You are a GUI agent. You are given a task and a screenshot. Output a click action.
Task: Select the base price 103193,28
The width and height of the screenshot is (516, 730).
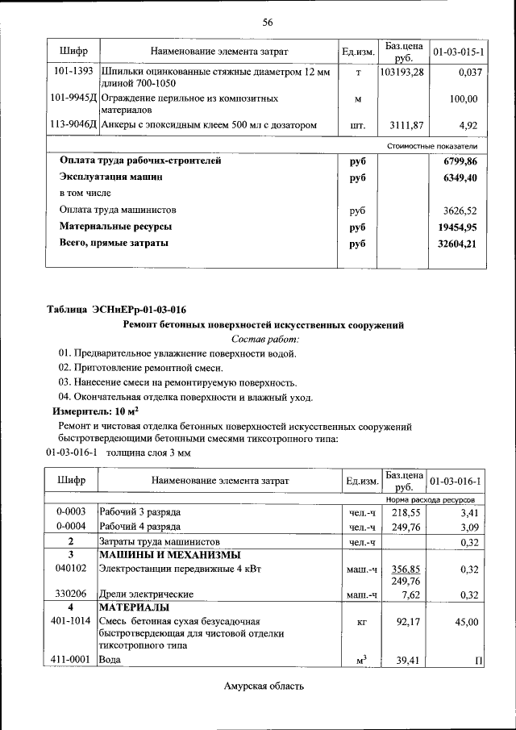pos(402,72)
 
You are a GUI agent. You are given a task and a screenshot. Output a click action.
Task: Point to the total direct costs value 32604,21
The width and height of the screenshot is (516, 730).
pos(458,243)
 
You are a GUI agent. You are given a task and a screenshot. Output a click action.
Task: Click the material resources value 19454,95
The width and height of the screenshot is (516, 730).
pos(458,227)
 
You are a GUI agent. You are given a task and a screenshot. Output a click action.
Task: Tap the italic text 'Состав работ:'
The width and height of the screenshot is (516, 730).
pos(264,340)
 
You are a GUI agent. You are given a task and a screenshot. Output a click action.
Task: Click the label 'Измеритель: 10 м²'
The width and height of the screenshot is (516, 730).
pos(89,411)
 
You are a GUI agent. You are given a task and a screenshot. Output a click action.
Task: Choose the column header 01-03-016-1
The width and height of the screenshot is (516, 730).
pos(456,482)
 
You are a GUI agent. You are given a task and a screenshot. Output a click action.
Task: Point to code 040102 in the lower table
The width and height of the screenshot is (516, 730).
pos(71,568)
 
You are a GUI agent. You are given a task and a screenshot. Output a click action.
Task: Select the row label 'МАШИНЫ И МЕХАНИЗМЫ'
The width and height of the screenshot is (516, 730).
pos(169,554)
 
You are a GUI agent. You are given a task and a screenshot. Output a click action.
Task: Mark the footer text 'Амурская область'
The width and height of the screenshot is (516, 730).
pos(264,686)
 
